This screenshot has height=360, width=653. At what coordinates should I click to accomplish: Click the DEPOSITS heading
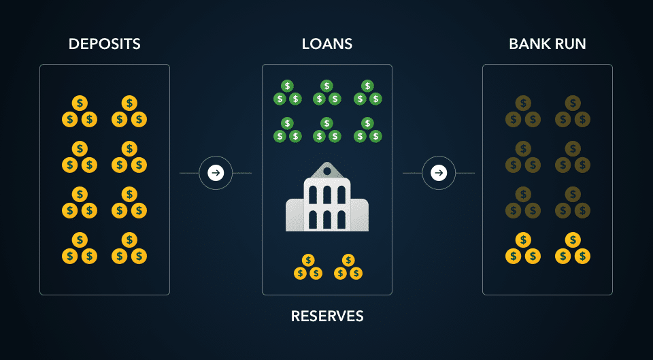coord(105,44)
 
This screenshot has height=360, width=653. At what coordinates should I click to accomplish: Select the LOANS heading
coord(326,44)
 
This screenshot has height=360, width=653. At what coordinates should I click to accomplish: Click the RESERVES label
coord(327,316)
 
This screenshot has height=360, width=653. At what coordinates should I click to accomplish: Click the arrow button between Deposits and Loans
coord(216,173)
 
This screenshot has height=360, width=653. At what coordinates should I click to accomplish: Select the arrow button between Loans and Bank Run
coord(439,173)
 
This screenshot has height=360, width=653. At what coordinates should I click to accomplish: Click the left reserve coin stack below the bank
coord(307,267)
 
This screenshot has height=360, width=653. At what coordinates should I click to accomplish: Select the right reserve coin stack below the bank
coord(348,267)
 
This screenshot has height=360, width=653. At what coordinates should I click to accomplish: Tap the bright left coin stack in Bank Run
coord(522,249)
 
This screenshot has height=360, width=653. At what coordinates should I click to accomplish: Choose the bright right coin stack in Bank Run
coord(573,249)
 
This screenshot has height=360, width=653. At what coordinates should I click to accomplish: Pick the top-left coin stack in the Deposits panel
coord(80,113)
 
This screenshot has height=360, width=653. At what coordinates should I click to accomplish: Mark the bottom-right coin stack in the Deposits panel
coord(129,249)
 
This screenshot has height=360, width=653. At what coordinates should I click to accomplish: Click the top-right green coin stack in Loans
coord(367,94)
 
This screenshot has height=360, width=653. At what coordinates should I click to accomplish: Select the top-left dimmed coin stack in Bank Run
coord(522,113)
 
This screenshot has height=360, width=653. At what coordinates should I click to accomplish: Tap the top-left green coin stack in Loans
coord(287,94)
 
